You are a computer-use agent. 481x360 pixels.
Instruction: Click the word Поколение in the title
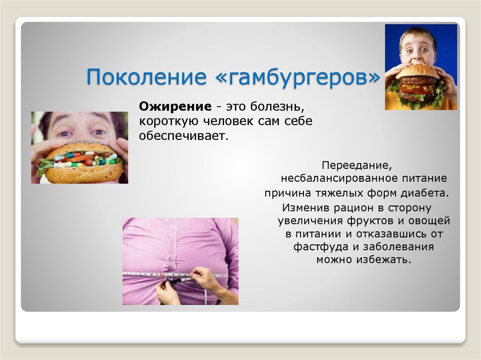145,77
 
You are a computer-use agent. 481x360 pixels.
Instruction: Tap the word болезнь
279,107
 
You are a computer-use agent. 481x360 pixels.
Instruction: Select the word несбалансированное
336,179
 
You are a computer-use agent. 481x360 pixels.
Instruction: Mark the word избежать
387,260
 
